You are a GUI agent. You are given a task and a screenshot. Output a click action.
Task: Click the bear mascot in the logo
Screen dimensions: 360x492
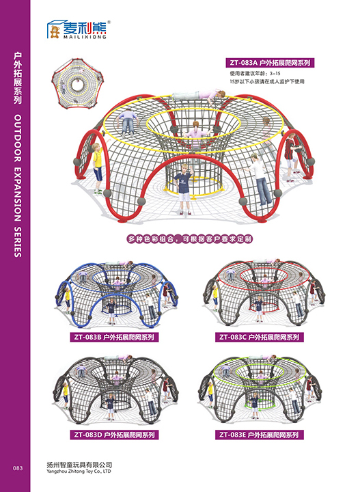[55, 31]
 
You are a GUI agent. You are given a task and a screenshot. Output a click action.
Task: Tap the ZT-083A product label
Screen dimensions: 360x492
[270, 63]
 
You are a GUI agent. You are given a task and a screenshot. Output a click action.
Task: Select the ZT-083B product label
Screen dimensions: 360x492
[114, 338]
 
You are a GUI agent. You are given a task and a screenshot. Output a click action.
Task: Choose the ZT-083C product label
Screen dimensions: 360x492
[259, 338]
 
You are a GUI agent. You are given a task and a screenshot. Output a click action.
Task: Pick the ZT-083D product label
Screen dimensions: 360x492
[114, 435]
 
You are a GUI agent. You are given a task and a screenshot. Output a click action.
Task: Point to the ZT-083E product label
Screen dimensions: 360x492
[259, 435]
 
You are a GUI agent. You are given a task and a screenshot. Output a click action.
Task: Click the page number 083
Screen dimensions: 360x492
[18, 468]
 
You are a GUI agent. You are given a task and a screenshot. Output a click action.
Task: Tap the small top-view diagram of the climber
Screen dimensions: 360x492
[77, 84]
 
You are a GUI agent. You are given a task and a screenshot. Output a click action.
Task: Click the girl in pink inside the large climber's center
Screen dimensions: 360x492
[196, 133]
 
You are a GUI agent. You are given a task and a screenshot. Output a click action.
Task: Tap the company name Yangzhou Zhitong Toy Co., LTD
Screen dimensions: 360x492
[79, 471]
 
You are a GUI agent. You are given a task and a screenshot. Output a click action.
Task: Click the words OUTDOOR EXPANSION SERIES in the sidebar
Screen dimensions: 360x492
[18, 185]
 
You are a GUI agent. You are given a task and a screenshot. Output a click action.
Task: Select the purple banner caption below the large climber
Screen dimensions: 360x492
[189, 239]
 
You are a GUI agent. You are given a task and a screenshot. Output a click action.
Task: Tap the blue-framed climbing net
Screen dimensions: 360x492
[117, 294]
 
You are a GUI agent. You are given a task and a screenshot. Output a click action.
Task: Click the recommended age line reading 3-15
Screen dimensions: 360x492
[255, 74]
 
